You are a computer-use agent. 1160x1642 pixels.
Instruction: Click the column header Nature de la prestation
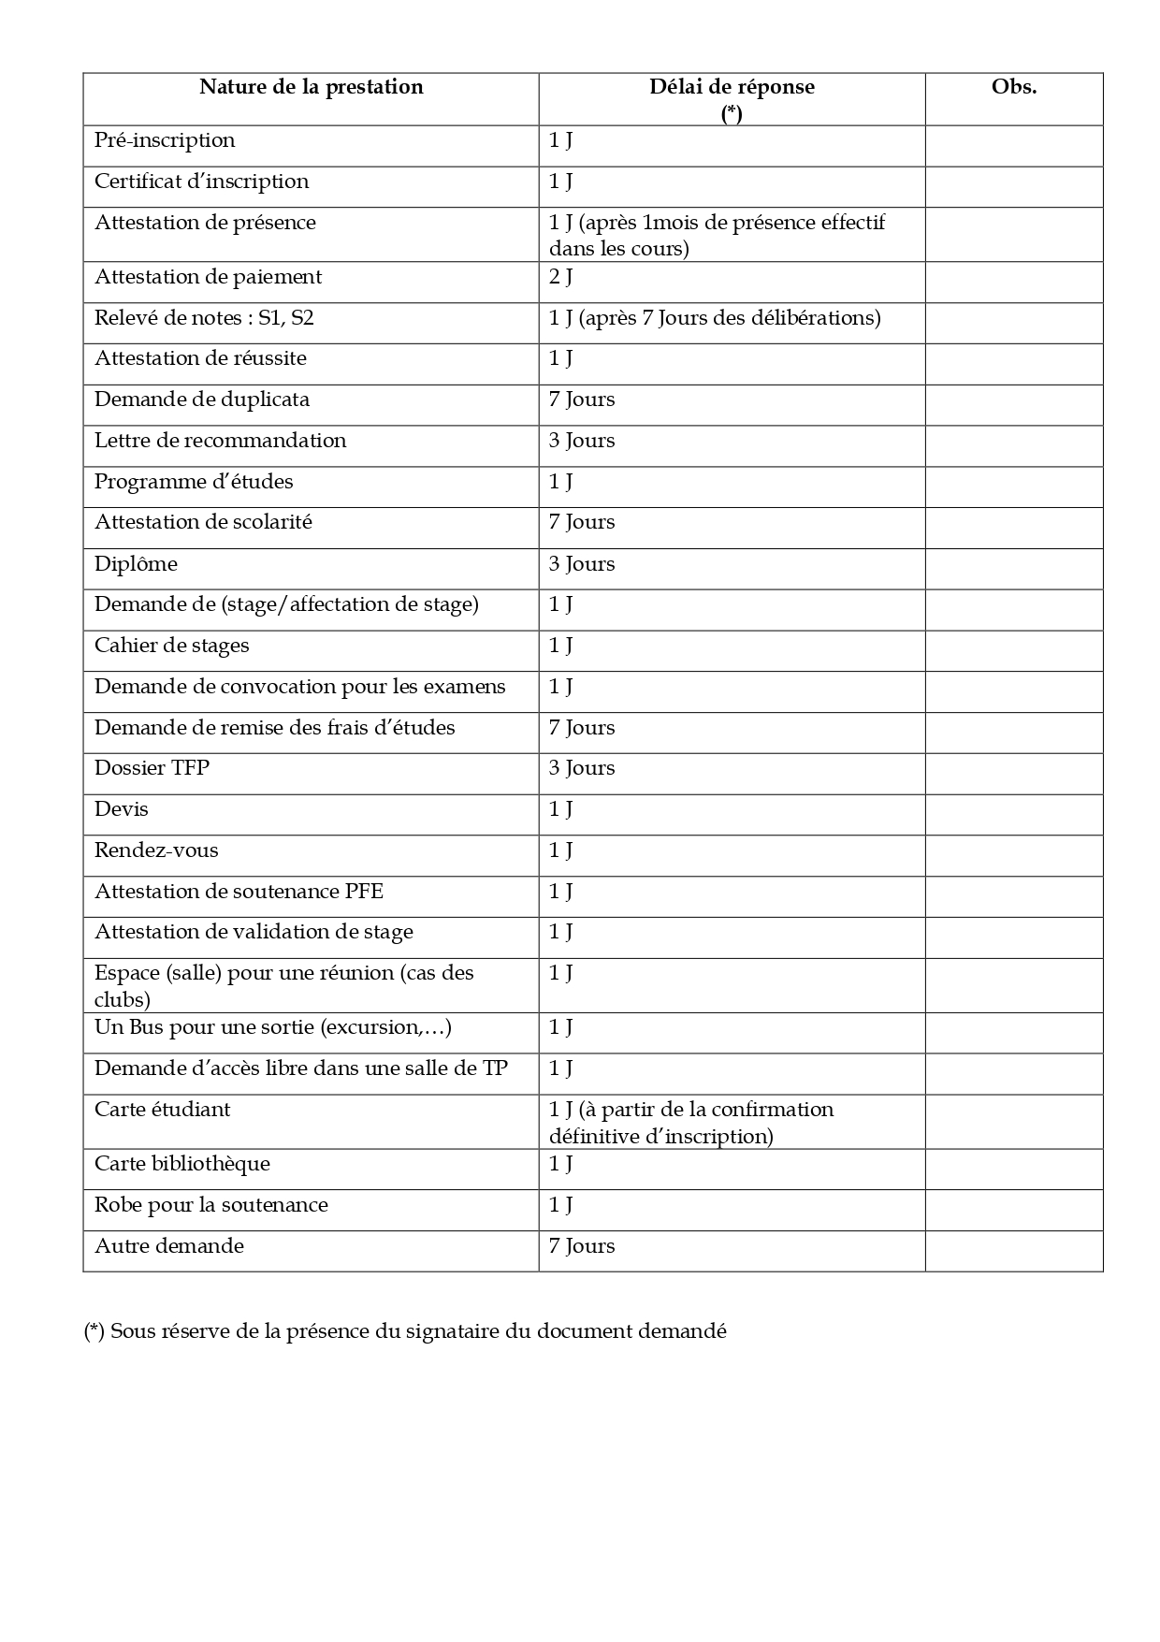pos(311,87)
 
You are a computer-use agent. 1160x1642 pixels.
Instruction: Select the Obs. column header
pos(1014,87)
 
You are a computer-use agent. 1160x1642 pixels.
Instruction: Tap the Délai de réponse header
pos(732,87)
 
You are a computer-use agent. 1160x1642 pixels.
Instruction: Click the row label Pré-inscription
pos(165,140)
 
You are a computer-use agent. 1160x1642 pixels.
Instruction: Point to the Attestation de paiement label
pos(208,277)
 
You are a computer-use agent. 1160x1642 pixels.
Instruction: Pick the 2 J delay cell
pos(561,277)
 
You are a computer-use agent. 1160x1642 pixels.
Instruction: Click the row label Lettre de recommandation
pos(220,441)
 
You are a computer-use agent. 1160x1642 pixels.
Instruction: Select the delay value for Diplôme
pos(582,564)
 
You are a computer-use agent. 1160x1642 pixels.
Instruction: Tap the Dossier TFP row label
pos(152,768)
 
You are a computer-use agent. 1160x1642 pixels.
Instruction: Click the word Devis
pos(122,809)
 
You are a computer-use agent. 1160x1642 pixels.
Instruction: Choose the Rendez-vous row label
pos(156,850)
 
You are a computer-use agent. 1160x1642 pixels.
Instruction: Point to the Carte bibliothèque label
pos(182,1164)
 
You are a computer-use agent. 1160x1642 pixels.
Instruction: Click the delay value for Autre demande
pos(582,1246)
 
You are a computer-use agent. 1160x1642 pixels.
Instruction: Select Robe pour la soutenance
pos(211,1205)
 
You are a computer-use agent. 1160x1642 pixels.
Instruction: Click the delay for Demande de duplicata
pos(582,400)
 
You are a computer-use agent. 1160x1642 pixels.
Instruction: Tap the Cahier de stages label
pos(172,646)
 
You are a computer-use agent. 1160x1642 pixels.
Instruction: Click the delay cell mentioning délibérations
pos(715,318)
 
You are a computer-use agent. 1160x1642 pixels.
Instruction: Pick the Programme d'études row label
pos(194,482)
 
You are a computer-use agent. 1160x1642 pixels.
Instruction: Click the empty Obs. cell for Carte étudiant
pos(1014,1122)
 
